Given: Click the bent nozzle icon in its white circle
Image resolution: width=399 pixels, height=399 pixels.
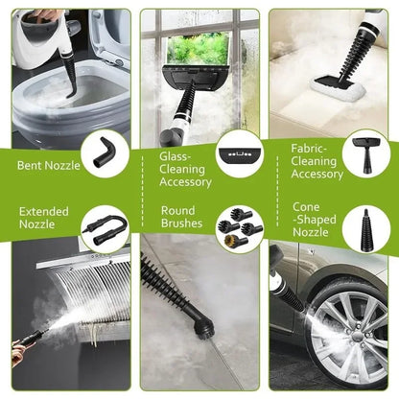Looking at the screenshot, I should coord(103,150).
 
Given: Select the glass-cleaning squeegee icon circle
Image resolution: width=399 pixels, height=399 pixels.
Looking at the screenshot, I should coord(238,152).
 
